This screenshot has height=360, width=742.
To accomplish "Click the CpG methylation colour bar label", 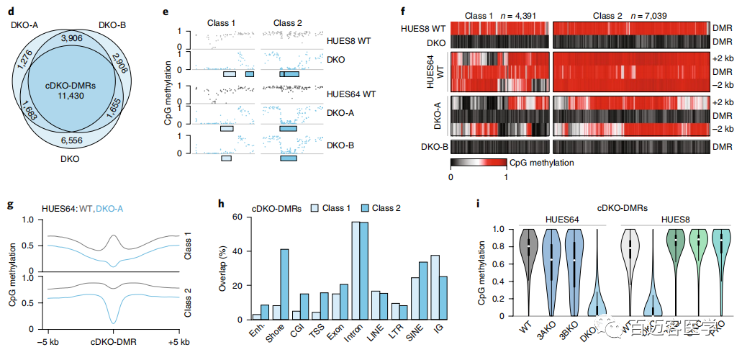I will (540, 163).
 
